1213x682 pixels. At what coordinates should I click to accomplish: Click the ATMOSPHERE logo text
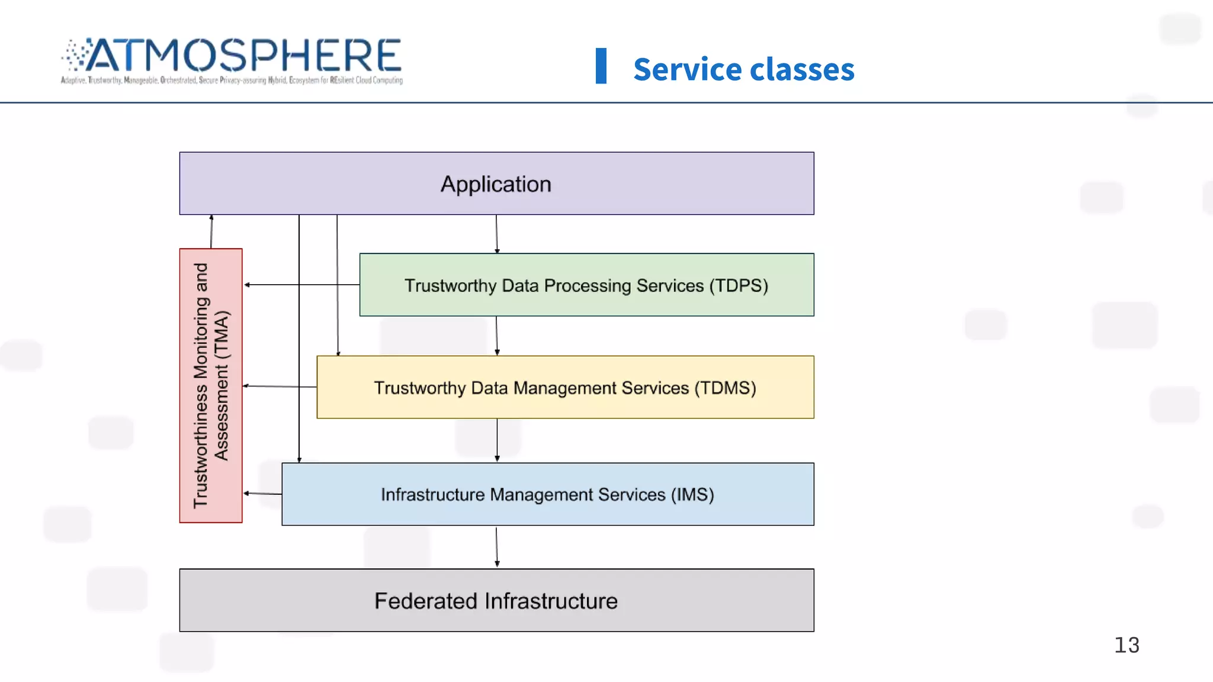click(x=243, y=56)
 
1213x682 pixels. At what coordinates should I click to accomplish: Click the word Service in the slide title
click(x=687, y=69)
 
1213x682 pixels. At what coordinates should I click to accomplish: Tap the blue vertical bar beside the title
click(x=601, y=66)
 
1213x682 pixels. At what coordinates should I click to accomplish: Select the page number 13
click(x=1127, y=645)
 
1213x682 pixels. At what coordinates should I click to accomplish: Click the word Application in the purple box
click(x=496, y=184)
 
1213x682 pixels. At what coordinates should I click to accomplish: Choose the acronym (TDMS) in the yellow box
click(x=725, y=388)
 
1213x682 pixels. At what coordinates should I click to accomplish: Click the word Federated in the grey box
click(x=426, y=601)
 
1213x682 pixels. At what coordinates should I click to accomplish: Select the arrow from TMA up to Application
click(x=211, y=231)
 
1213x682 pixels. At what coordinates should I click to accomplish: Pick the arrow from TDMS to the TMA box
click(x=280, y=386)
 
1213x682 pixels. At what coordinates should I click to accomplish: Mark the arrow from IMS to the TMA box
click(x=262, y=493)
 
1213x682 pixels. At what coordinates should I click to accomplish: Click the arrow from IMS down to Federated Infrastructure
click(x=497, y=547)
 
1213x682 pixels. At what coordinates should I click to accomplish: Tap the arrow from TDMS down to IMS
click(x=497, y=440)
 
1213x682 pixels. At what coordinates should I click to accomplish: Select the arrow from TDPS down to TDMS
click(x=497, y=336)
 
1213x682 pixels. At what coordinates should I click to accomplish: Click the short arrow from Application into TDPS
click(x=497, y=234)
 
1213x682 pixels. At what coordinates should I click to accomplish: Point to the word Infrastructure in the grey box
click(x=551, y=601)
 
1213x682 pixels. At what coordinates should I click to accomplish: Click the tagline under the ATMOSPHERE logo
click(x=232, y=80)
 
